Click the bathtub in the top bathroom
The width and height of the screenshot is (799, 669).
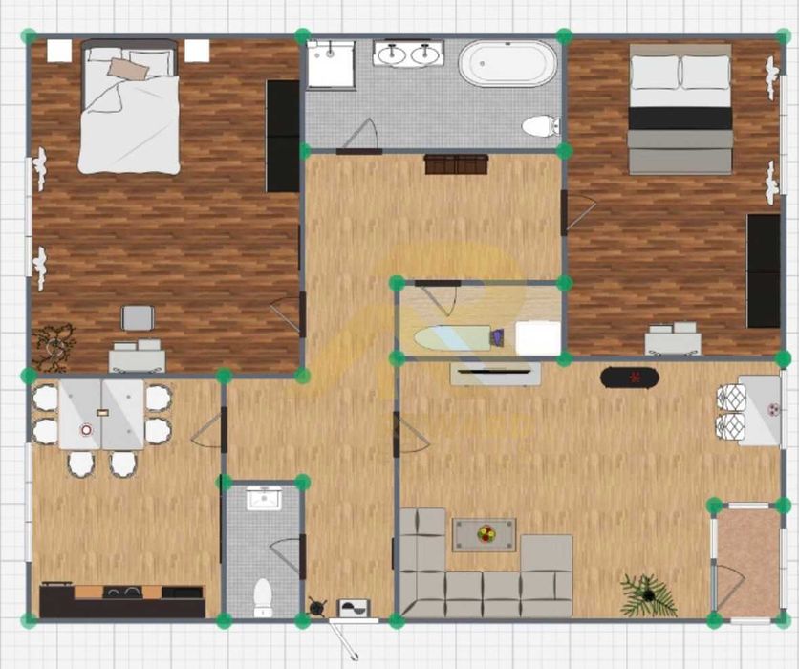pos(507,63)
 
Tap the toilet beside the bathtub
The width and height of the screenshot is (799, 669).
pos(541,125)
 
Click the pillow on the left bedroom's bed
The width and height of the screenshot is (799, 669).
pos(127,69)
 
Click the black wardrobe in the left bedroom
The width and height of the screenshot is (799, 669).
pos(283,136)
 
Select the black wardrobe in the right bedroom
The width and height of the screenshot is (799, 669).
pos(763,270)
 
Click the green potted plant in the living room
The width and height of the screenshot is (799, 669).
pos(648,594)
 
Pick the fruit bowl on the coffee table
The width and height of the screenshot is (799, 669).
pos(485,533)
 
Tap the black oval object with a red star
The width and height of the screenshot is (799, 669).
pos(630,378)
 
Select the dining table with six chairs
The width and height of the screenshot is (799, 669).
pos(101,415)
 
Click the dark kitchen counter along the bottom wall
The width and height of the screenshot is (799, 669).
pos(121,601)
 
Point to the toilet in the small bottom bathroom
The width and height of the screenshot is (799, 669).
pos(263,597)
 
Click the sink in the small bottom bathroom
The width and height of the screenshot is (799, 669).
pos(263,499)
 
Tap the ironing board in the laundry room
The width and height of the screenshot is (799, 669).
pos(453,337)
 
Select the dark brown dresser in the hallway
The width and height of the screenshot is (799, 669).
pos(457,164)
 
